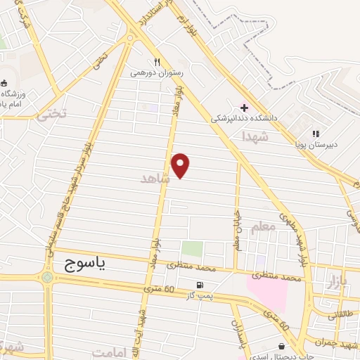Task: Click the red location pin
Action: click(x=181, y=165)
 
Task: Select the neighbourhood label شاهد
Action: click(x=155, y=179)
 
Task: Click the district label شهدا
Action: click(x=254, y=135)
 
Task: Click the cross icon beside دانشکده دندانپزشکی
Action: click(x=244, y=108)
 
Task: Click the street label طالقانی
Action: click(x=342, y=316)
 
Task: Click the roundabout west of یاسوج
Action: click(x=47, y=277)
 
